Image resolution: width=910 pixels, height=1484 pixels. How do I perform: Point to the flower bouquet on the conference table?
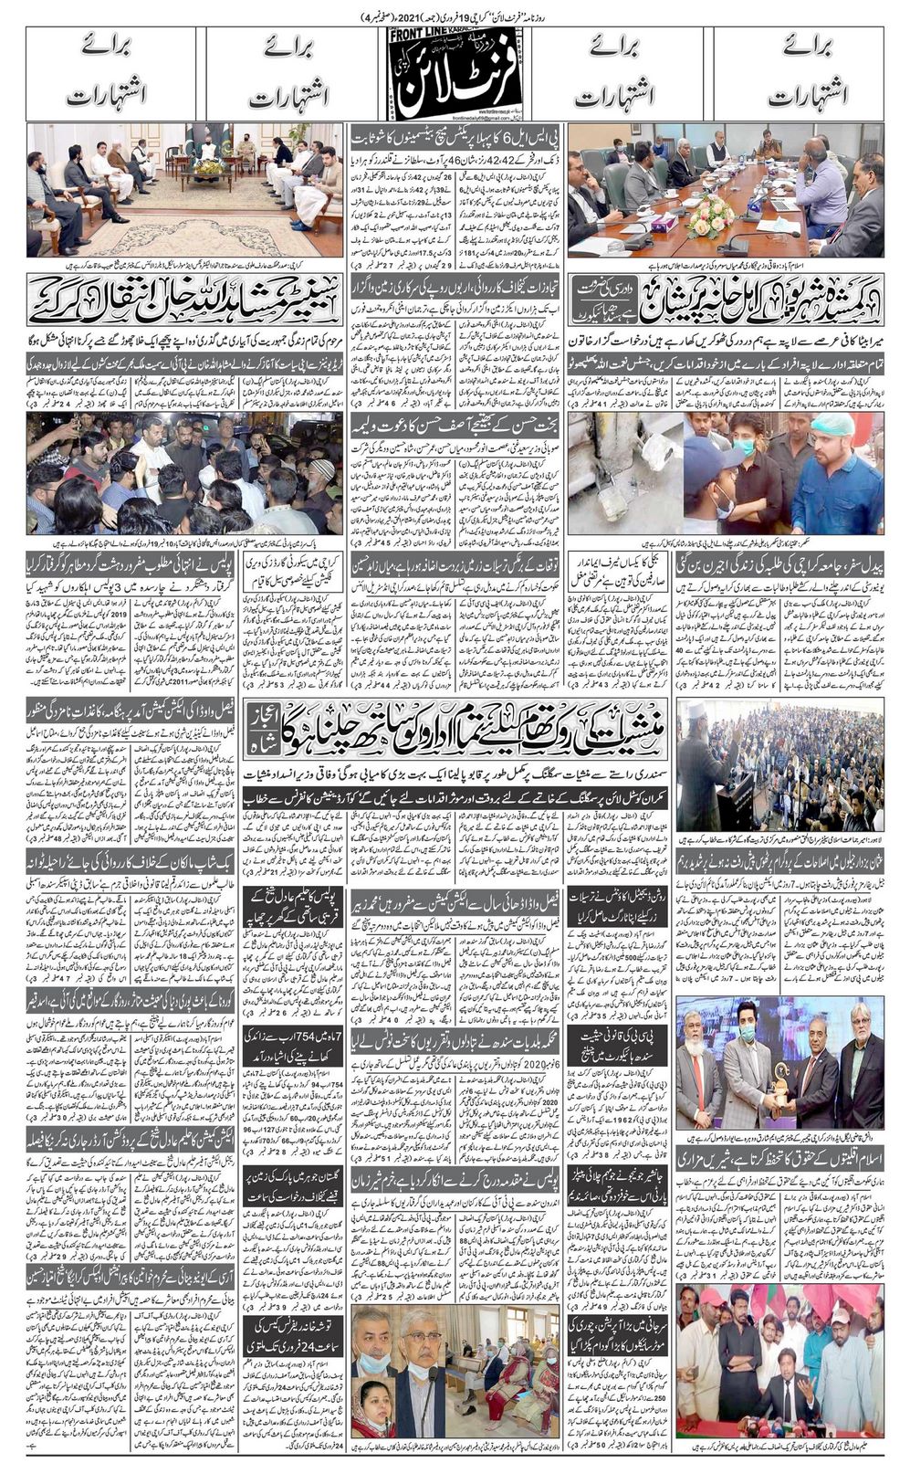(x=709, y=216)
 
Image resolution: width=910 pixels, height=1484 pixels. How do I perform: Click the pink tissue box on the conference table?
(x=664, y=220)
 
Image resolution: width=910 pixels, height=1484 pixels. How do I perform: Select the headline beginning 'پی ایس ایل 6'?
(x=455, y=137)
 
